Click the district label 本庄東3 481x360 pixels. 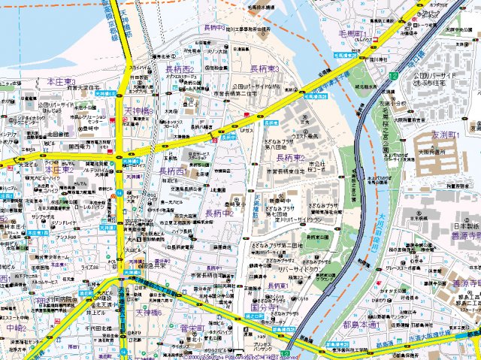pos(61,81)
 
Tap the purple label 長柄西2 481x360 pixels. pos(180,69)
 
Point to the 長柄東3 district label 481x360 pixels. pos(265,69)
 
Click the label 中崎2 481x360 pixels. pos(15,328)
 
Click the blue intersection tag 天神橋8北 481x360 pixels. pos(105,94)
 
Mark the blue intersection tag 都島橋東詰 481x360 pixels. pos(328,346)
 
